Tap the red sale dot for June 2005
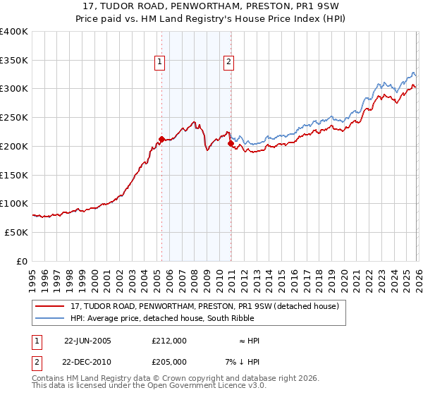161,139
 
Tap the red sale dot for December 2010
231,143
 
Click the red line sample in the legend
50,306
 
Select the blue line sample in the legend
50,318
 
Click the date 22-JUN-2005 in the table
87,341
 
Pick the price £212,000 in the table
169,341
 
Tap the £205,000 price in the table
169,362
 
